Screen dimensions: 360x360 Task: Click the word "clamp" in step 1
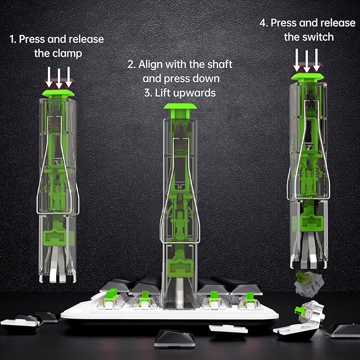pos(67,54)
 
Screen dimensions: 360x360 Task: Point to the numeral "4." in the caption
pos(264,23)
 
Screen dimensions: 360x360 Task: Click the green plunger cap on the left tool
pos(58,94)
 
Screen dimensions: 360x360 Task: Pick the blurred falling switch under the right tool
pos(309,283)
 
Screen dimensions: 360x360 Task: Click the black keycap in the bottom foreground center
pos(174,338)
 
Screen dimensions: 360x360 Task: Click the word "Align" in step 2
pos(151,65)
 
